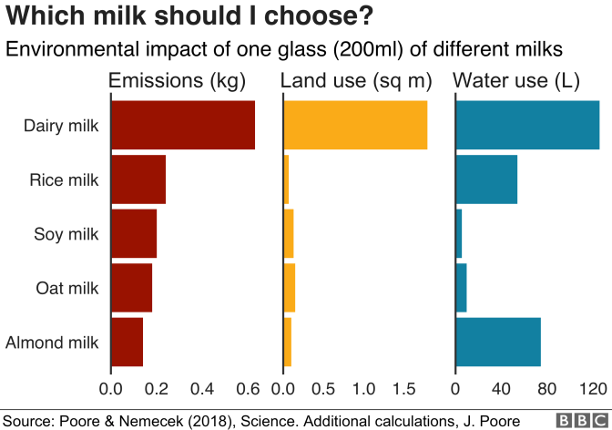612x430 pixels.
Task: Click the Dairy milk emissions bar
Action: coord(182,125)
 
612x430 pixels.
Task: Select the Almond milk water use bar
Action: coord(498,343)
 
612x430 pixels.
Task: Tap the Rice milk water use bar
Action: coord(486,179)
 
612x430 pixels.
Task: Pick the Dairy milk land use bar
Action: coord(356,125)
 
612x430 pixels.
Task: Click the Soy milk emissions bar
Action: coord(134,234)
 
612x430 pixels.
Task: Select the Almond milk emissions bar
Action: coord(127,343)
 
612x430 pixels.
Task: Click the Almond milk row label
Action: coord(52,343)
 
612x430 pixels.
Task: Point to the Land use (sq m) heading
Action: coord(356,81)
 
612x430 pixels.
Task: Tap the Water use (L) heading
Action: coord(516,81)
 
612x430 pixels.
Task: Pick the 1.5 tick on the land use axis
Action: coord(403,389)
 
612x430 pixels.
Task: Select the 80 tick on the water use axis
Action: coord(546,389)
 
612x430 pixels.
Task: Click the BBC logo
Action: coord(575,420)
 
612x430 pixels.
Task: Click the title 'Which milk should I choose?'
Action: coord(190,17)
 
